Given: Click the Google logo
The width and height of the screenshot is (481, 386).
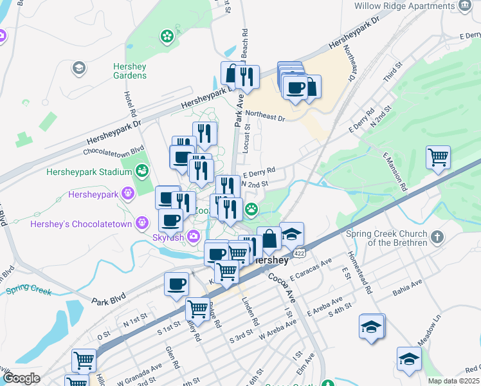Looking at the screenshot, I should [21, 378].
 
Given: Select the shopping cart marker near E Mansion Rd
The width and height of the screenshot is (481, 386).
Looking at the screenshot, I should [438, 156].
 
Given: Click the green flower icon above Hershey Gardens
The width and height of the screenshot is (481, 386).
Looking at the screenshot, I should [167, 35].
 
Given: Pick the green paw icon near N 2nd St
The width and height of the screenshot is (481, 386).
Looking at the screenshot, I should [251, 208].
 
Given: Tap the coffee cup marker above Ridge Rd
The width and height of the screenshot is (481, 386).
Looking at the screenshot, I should [176, 284].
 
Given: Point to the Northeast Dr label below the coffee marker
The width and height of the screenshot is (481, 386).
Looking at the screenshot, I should [264, 118].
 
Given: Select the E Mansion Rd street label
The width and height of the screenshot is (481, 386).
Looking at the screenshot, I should [395, 173].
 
